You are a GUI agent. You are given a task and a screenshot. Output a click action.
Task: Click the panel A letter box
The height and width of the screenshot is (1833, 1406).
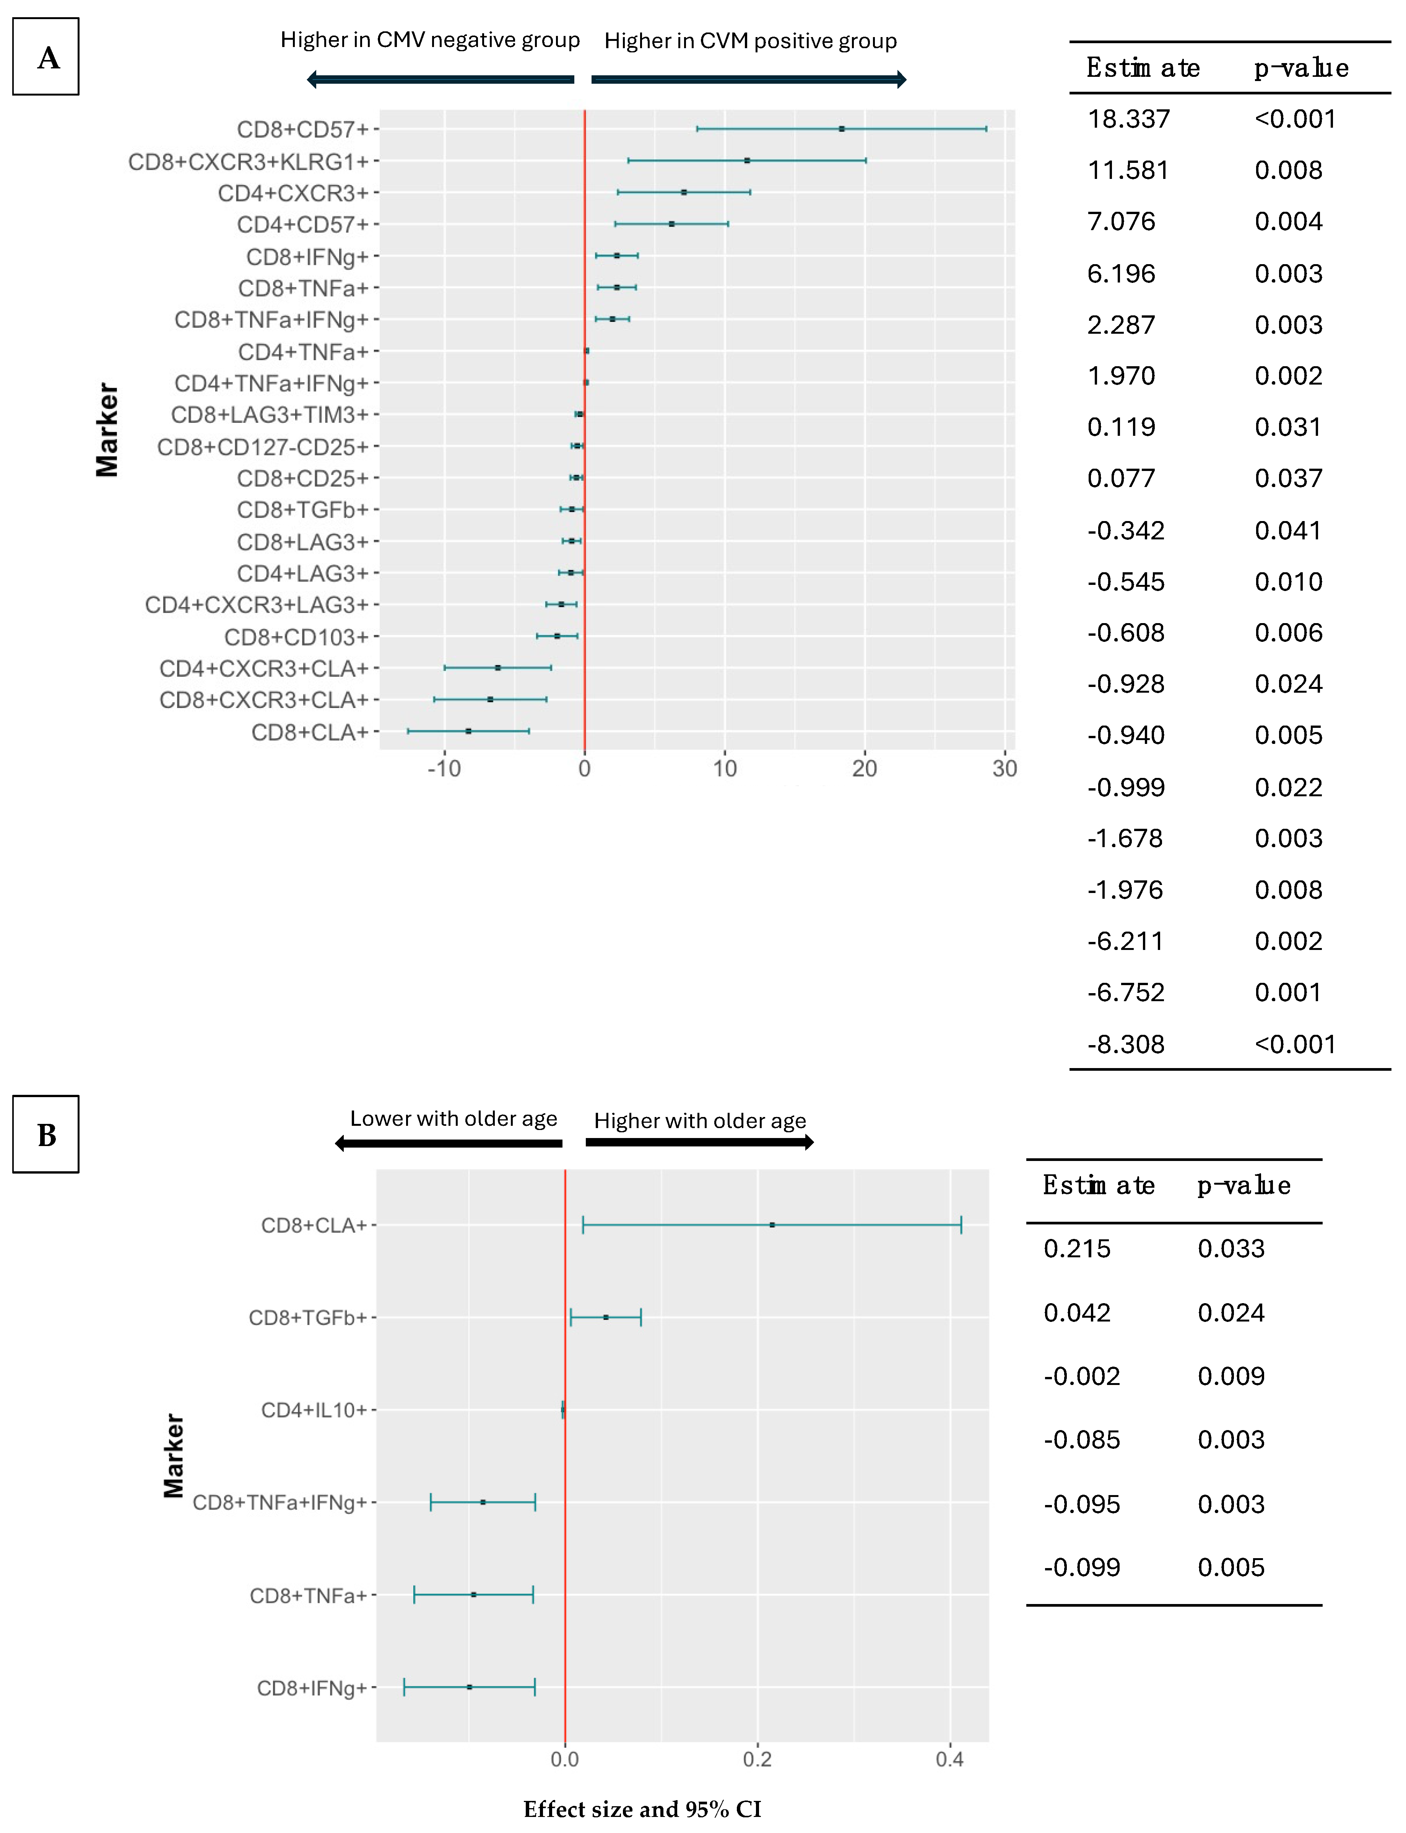[46, 57]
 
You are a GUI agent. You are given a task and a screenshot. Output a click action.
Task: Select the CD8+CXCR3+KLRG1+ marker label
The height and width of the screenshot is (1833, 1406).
[249, 161]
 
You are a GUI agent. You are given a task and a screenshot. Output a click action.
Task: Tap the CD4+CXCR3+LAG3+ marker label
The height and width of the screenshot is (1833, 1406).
[257, 605]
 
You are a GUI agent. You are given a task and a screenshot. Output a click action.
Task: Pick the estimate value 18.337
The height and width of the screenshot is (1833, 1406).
[1128, 119]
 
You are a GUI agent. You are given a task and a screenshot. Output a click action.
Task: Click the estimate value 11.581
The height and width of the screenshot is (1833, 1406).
[1128, 170]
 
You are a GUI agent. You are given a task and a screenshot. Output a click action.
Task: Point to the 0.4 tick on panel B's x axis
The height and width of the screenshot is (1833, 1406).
[950, 1759]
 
